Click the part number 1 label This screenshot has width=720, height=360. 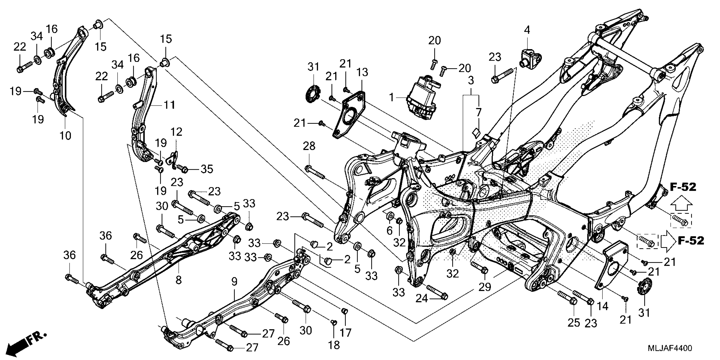(x=392, y=98)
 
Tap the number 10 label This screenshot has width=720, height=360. (x=65, y=136)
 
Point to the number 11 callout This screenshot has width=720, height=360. (x=169, y=105)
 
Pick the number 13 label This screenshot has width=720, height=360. (x=362, y=72)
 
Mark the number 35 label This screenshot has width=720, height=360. (x=207, y=169)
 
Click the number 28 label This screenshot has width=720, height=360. (x=309, y=146)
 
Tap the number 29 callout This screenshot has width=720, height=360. (x=485, y=287)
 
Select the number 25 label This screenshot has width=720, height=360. (x=573, y=323)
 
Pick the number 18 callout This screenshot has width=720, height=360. (x=334, y=345)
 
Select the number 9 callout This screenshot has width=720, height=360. (x=234, y=282)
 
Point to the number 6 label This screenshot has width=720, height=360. (x=389, y=231)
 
